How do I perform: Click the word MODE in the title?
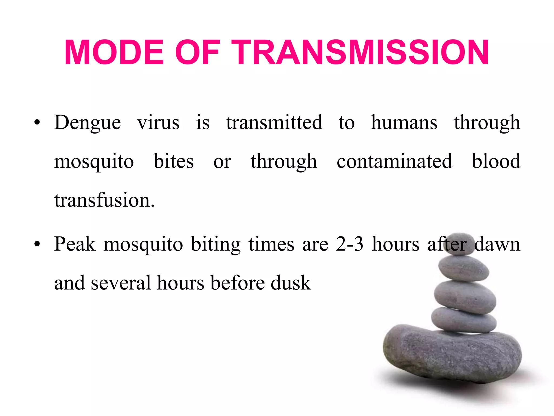[114, 52]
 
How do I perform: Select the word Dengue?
[87, 123]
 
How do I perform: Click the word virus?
[158, 123]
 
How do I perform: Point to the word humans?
[404, 123]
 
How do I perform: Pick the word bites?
[174, 161]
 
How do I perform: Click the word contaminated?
[394, 161]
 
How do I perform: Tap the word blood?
[496, 161]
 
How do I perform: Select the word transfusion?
[104, 200]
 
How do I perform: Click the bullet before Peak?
[37, 244]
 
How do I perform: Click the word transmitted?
[274, 123]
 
